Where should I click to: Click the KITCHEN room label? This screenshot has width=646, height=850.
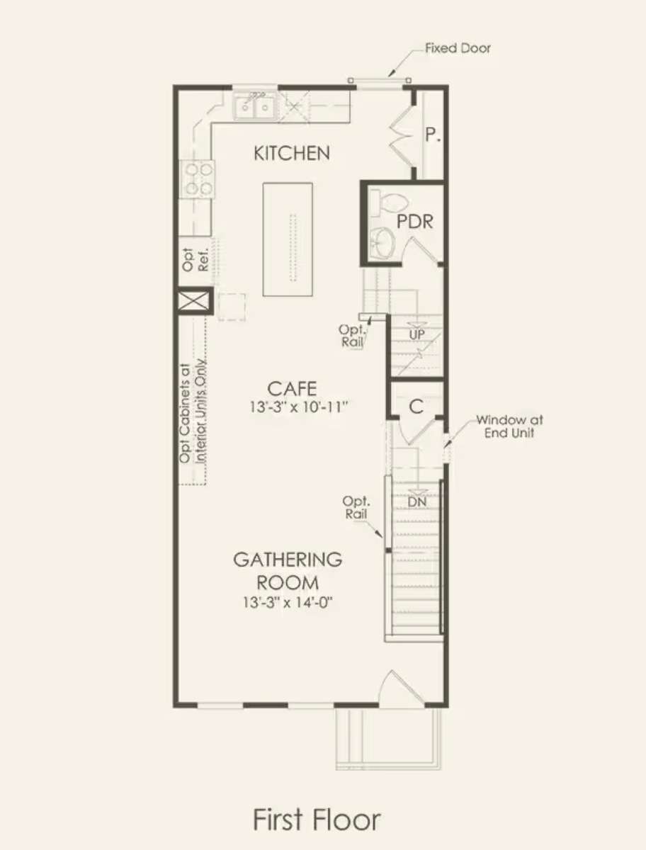pyautogui.click(x=292, y=153)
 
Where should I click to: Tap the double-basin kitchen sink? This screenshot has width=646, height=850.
pyautogui.click(x=255, y=106)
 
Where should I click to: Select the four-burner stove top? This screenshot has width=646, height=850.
pyautogui.click(x=196, y=179)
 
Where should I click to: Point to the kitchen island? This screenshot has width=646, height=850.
pyautogui.click(x=288, y=239)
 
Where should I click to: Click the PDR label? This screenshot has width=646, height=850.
pyautogui.click(x=415, y=222)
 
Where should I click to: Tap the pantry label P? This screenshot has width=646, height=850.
pyautogui.click(x=432, y=135)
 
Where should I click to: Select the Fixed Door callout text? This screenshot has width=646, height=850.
pyautogui.click(x=458, y=48)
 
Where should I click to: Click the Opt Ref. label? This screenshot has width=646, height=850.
pyautogui.click(x=195, y=259)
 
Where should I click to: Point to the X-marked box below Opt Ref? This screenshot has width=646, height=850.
pyautogui.click(x=195, y=300)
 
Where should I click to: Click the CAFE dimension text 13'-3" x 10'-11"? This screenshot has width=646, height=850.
pyautogui.click(x=298, y=407)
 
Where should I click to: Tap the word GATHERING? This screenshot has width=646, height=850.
pyautogui.click(x=288, y=560)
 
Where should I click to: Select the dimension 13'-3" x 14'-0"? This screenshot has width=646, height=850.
pyautogui.click(x=288, y=602)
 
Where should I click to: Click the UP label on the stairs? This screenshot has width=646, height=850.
pyautogui.click(x=416, y=334)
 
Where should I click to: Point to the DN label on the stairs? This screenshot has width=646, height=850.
pyautogui.click(x=417, y=502)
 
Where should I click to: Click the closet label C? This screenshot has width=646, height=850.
pyautogui.click(x=416, y=407)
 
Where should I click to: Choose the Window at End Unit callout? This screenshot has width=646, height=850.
pyautogui.click(x=509, y=426)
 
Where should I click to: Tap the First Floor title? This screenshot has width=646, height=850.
pyautogui.click(x=317, y=820)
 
